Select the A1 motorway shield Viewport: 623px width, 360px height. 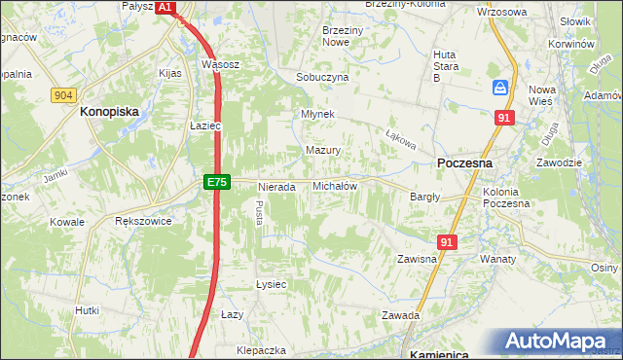tap(165, 7)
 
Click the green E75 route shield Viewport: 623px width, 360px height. tap(216, 183)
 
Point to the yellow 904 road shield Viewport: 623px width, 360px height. tap(64, 94)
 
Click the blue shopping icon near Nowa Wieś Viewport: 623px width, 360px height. tap(500, 88)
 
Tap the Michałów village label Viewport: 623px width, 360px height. tap(335, 186)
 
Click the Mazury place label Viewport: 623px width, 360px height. tap(322, 151)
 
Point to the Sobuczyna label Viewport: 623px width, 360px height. tap(322, 77)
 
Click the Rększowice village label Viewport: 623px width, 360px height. tap(143, 222)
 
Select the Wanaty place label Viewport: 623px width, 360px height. tap(497, 260)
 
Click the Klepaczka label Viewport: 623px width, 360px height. tap(261, 349)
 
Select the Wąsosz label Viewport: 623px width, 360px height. tap(220, 64)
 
